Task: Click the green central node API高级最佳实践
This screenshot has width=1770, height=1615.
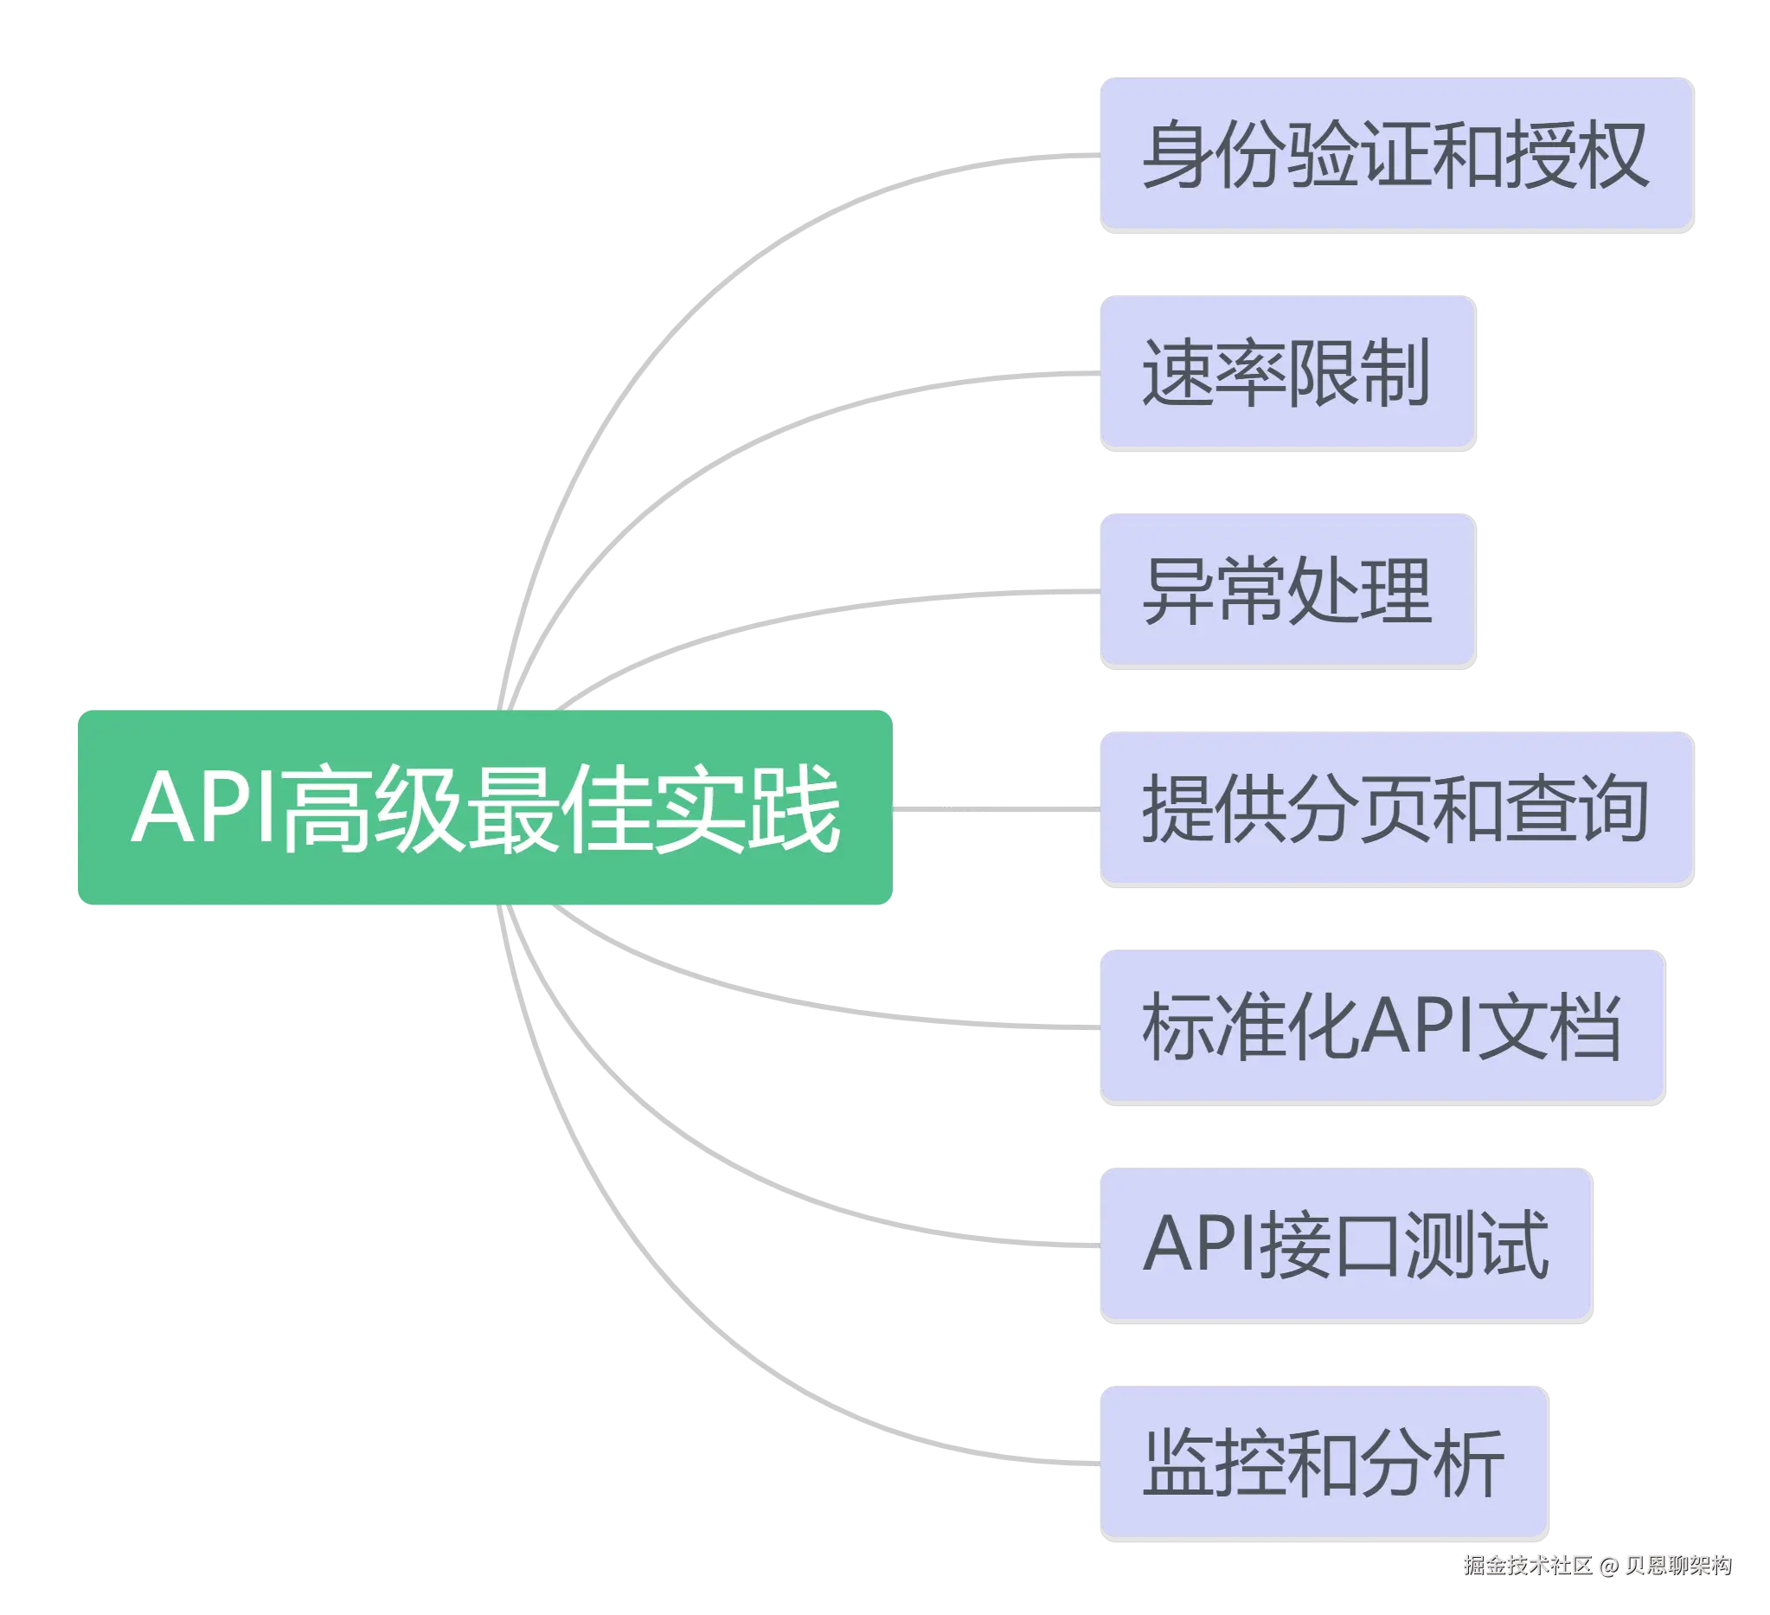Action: pos(484,806)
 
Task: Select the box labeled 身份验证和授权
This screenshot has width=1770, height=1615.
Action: pos(1395,153)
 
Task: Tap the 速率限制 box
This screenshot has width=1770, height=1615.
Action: pos(1286,370)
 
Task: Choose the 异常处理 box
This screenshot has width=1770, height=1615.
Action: pos(1286,589)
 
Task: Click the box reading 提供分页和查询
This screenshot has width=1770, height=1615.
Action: pos(1395,807)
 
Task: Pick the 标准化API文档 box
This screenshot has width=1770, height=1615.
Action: pos(1381,1025)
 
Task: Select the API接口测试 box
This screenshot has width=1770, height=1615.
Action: pos(1345,1243)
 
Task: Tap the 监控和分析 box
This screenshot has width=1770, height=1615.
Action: pos(1322,1461)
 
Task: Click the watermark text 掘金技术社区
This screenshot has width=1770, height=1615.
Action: pos(1526,1564)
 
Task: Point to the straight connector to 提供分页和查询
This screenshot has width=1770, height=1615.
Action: pos(996,809)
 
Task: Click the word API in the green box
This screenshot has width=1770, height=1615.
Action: pos(204,807)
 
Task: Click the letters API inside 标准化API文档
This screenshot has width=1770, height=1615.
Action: pos(1416,1025)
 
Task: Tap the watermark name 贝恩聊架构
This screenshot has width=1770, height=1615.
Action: pos(1676,1564)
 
